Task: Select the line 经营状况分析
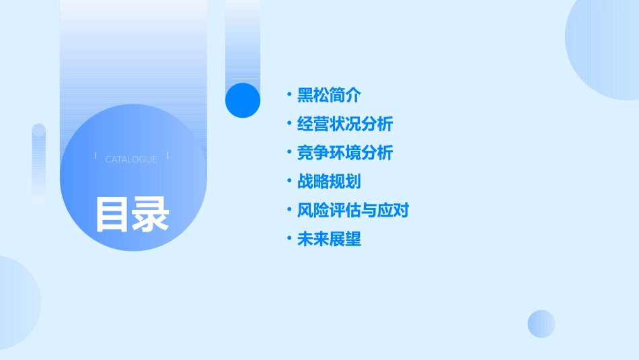[345, 124]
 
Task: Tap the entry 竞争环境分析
[345, 153]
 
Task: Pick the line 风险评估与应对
[353, 211]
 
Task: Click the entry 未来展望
[329, 240]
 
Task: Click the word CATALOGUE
[131, 159]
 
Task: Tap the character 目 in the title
[112, 214]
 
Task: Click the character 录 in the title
[151, 214]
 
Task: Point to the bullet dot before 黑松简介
[289, 95]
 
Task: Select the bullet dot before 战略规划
[289, 182]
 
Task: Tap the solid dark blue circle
[243, 100]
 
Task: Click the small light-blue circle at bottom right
[541, 324]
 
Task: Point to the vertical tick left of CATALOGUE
[96, 156]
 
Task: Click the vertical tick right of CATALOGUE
[167, 156]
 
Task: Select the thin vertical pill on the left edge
[39, 164]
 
